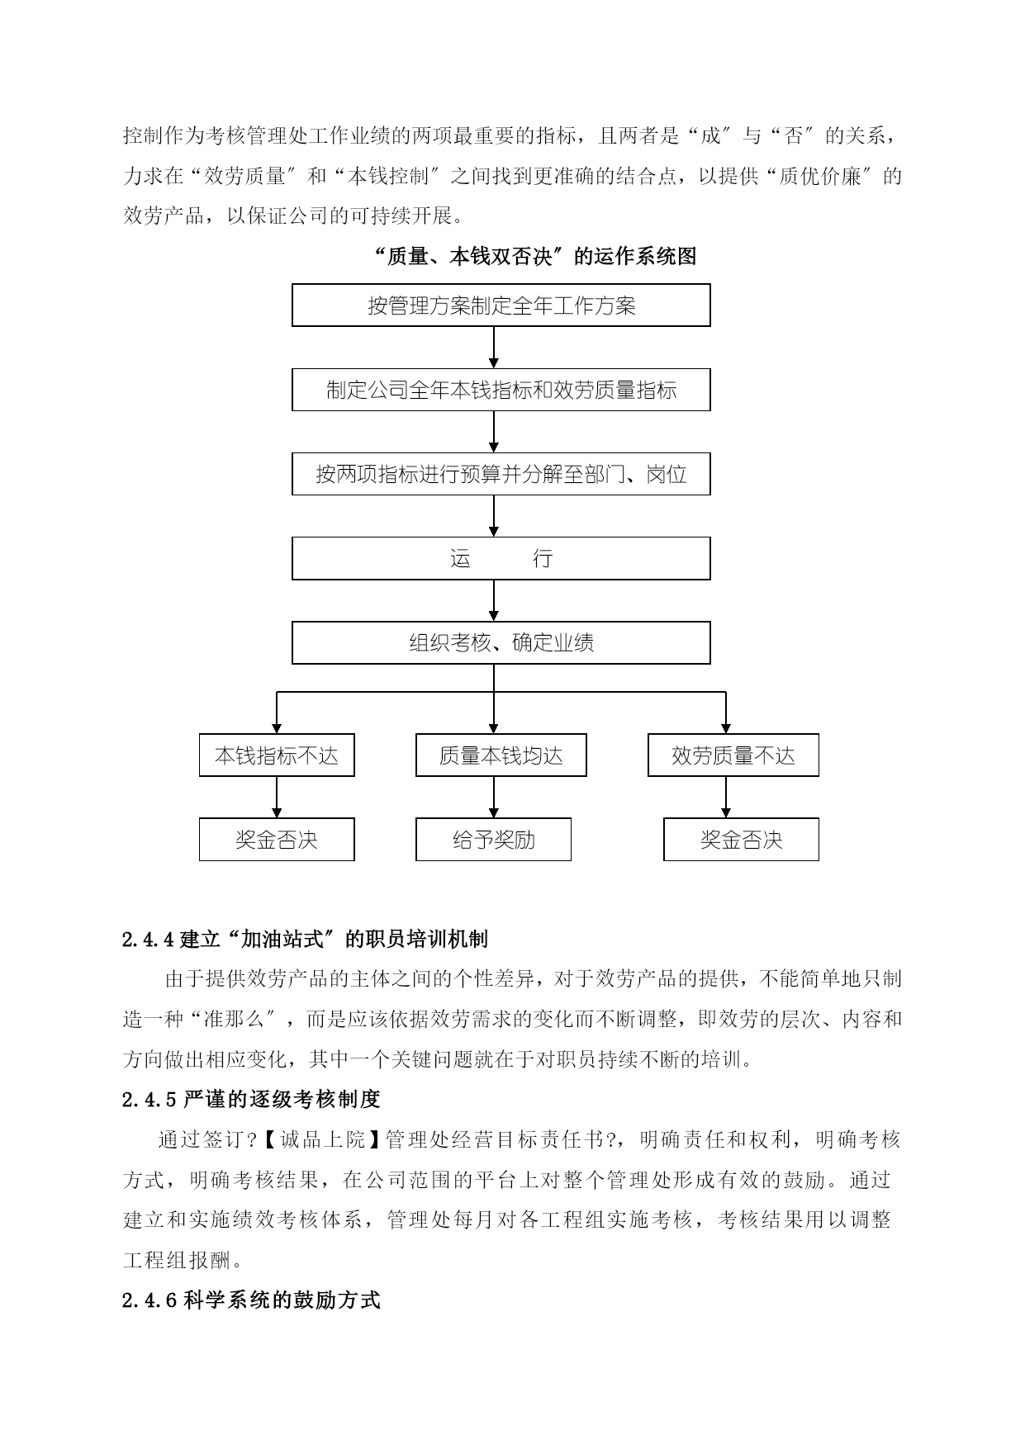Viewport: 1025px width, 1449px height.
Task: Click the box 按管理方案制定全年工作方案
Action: point(501,305)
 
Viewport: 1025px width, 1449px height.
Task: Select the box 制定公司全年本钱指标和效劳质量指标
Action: point(501,390)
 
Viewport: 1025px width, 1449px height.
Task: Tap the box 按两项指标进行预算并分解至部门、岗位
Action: point(501,474)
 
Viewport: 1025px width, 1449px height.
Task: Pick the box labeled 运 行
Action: point(501,558)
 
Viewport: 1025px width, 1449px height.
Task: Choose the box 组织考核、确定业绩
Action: point(501,642)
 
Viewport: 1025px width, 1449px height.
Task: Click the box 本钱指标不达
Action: point(277,755)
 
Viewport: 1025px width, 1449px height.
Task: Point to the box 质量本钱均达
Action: point(501,755)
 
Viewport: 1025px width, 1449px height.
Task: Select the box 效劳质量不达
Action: point(733,755)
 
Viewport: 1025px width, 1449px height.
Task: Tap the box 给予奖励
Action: point(493,839)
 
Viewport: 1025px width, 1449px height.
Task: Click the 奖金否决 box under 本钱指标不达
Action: point(277,839)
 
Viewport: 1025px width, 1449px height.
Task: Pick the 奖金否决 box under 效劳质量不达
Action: point(741,839)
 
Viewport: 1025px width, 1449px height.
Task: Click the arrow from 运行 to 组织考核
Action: point(494,600)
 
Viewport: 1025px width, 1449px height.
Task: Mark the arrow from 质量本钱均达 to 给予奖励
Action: point(494,797)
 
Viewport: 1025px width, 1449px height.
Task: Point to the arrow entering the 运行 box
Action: point(494,516)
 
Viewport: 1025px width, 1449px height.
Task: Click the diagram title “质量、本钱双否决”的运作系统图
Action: point(535,256)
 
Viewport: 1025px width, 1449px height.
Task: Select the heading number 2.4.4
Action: point(149,939)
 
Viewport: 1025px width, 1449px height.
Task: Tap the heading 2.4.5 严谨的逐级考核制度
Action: point(251,1099)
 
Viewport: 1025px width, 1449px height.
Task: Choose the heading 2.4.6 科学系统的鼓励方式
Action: point(251,1300)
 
